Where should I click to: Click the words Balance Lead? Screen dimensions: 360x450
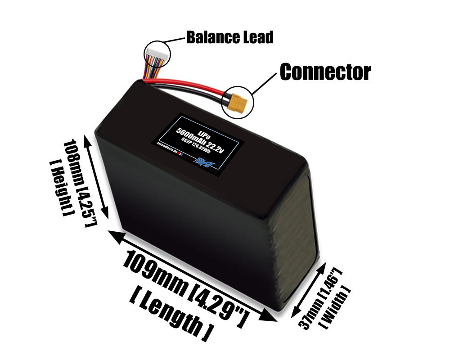click(229, 37)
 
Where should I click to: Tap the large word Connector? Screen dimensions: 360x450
click(325, 72)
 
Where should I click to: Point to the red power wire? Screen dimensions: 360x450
click(189, 90)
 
